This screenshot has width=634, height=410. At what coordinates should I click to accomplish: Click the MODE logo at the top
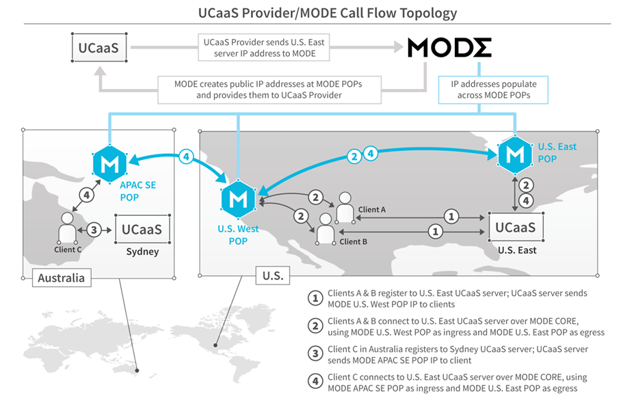449,48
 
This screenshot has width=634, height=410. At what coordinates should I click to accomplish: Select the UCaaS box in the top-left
99,48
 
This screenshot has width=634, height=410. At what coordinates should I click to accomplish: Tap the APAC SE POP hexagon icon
109,163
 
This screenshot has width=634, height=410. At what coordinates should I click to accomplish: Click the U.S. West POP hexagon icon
238,199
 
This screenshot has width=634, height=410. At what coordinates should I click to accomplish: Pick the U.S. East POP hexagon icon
515,154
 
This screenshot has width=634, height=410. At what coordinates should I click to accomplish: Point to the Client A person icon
345,207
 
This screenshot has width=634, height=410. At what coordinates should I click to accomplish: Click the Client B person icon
326,229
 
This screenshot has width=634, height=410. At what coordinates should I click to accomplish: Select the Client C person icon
67,228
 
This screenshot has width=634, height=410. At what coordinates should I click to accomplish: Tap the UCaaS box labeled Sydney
142,230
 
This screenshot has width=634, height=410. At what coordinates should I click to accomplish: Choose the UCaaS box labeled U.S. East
516,227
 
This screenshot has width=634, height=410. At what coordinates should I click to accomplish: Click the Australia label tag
62,278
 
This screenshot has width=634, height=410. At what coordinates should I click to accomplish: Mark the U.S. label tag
273,275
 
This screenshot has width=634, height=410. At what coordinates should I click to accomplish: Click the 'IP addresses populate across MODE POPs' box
493,90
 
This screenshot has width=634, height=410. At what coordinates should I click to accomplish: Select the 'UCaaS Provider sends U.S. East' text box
263,48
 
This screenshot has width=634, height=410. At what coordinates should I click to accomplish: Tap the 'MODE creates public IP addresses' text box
269,90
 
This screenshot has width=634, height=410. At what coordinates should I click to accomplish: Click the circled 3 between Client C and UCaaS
94,230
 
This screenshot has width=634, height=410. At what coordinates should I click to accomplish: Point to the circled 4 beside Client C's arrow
87,195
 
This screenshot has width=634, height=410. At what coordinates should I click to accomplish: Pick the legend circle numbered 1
315,299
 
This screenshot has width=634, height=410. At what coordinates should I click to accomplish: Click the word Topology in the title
428,13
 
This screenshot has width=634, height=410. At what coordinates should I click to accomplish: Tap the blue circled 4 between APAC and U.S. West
186,156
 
